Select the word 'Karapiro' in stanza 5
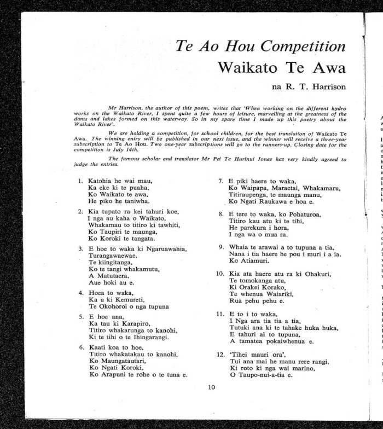[x=136, y=322]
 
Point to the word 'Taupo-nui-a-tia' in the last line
[x=262, y=375]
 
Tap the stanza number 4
[x=80, y=292]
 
